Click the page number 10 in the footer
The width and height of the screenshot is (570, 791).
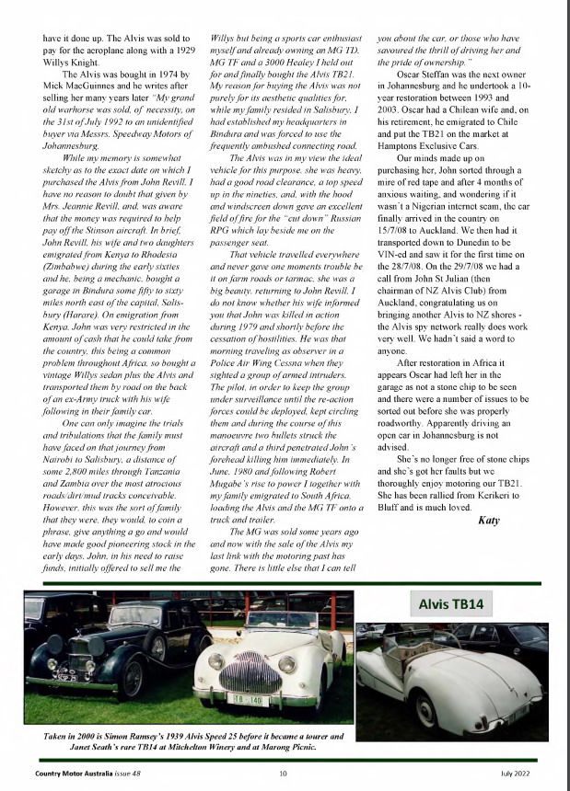284,772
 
